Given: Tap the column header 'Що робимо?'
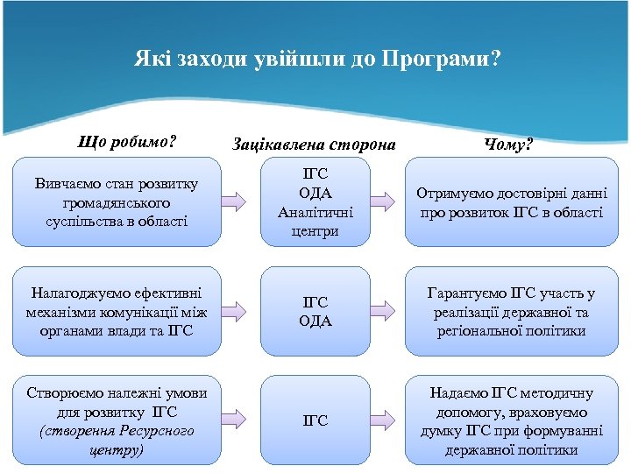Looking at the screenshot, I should pos(128,142).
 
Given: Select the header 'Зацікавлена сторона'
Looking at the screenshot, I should pos(314,143).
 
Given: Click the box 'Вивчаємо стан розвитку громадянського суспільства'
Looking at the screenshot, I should pos(117,202).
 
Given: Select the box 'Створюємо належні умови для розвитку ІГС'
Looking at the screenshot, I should pos(117,420).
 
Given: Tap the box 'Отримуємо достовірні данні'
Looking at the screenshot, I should pos(511,202).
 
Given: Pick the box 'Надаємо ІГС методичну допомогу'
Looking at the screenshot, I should pos(511,420).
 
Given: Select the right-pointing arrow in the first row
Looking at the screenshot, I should pos(386,202).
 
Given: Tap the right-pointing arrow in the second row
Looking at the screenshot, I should pos(386,311).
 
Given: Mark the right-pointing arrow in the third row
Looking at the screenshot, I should pos(386,420).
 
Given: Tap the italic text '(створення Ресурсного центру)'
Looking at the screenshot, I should pos(117,441).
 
